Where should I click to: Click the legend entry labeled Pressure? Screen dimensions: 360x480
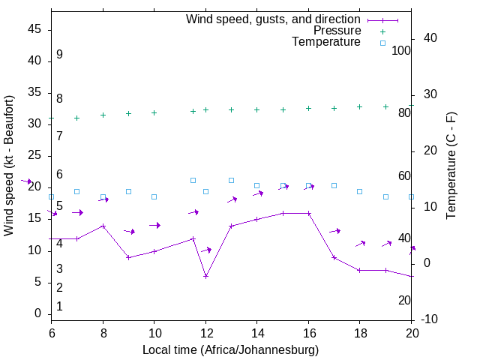(337, 31)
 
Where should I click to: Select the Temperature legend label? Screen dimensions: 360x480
(326, 42)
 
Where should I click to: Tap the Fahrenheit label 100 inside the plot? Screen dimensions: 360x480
(401, 50)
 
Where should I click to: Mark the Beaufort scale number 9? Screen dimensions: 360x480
(59, 55)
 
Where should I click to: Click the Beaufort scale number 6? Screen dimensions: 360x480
(59, 174)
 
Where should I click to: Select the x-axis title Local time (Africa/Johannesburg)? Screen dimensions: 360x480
(231, 349)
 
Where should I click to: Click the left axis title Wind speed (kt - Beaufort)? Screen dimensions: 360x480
(9, 165)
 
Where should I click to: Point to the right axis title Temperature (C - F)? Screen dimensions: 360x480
(451, 165)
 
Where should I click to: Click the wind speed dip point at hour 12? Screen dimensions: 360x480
(205, 276)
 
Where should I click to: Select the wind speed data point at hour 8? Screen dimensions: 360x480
(103, 226)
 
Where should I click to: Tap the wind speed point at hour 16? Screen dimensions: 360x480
(308, 213)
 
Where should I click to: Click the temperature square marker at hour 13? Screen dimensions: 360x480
(231, 180)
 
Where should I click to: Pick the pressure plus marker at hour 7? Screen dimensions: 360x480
(76, 118)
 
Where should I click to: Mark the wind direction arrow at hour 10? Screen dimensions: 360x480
(154, 225)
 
